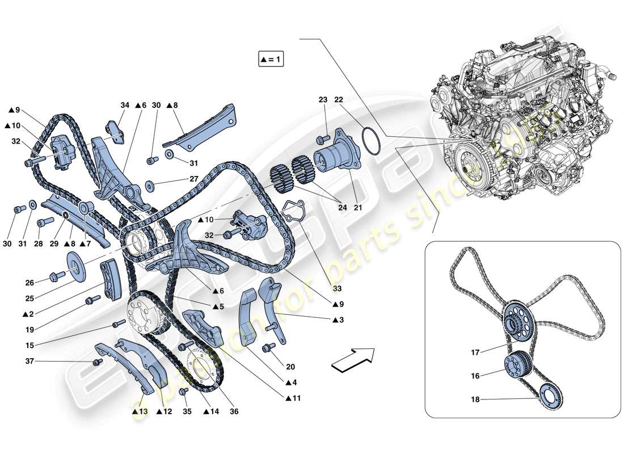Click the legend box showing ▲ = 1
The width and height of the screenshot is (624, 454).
(271, 59)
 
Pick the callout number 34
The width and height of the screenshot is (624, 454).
(124, 105)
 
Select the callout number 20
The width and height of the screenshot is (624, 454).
(290, 367)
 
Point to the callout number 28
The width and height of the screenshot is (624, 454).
(39, 244)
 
